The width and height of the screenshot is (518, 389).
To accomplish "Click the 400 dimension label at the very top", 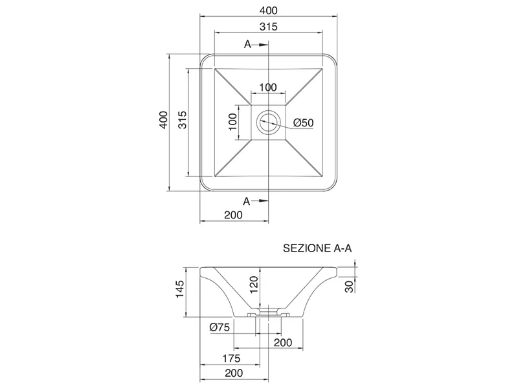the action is click(268, 10).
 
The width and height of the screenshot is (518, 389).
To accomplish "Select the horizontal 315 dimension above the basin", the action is click(268, 27).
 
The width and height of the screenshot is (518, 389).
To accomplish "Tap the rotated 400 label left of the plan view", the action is click(164, 120).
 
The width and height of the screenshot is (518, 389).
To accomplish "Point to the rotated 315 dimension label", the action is click(183, 120).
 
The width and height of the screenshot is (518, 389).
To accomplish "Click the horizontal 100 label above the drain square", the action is click(268, 88).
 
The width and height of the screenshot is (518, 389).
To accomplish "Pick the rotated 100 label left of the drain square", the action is click(232, 122).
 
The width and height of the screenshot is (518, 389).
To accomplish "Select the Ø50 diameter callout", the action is click(303, 123).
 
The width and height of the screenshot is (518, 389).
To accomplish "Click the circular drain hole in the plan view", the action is click(268, 122).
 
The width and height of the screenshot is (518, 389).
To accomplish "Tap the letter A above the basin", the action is click(247, 44).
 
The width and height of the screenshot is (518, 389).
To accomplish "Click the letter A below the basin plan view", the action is click(247, 201).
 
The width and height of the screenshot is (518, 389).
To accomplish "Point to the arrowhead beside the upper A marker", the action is click(264, 45).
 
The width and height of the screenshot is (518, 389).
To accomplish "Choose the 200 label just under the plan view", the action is click(233, 215).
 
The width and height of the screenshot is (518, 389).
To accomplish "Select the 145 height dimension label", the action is click(179, 289).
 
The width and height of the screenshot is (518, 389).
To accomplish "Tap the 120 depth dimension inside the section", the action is click(254, 285).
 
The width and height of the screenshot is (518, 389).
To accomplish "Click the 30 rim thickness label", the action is click(349, 287).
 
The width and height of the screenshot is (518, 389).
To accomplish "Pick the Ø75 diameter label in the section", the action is click(220, 327).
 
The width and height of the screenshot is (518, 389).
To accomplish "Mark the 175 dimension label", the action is click(231, 359).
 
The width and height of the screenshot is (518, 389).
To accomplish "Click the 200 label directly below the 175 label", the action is click(234, 373).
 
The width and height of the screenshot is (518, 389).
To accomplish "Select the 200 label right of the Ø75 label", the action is click(283, 343).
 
